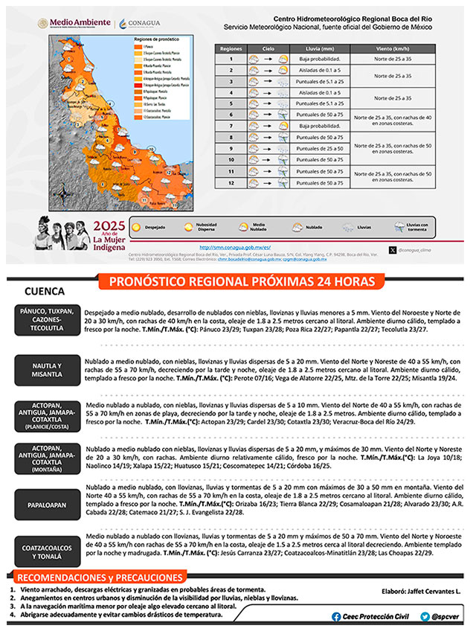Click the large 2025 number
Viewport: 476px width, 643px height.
(x=109, y=226)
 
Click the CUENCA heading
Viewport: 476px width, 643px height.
(x=45, y=291)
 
